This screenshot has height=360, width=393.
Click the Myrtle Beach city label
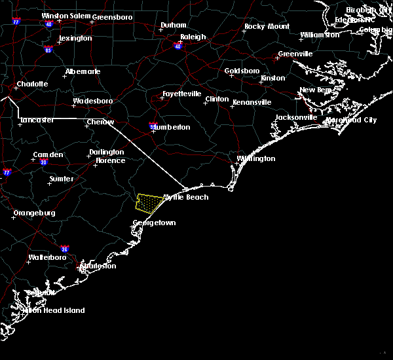pyautogui.click(x=186, y=197)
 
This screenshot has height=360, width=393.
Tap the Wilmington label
pyautogui.click(x=255, y=158)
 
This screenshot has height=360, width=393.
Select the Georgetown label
pyautogui.click(x=154, y=223)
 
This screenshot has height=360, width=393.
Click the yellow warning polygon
pyautogui.click(x=149, y=204)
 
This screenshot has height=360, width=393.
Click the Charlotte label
pyautogui.click(x=32, y=84)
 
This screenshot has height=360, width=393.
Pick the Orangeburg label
pyautogui.click(x=34, y=213)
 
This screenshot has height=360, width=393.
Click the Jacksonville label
pyautogui.click(x=296, y=117)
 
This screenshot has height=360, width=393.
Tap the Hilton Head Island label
pyautogui.click(x=55, y=310)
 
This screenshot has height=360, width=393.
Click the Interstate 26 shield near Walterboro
pyautogui.click(x=65, y=249)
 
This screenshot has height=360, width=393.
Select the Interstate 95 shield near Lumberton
pyautogui.click(x=153, y=124)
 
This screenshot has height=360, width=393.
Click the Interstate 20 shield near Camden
pyautogui.click(x=44, y=162)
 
